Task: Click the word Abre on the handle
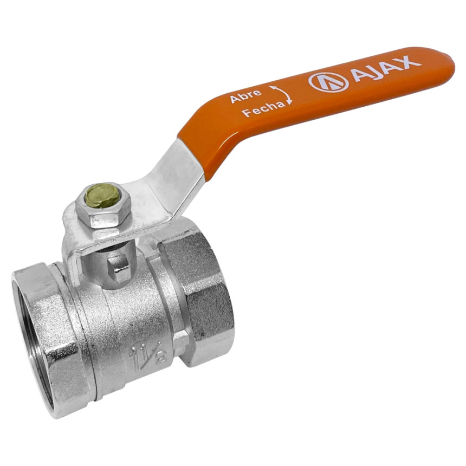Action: pyautogui.click(x=246, y=95)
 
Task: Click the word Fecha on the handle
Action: pyautogui.click(x=263, y=109)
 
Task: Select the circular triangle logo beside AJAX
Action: pyautogui.click(x=329, y=81)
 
